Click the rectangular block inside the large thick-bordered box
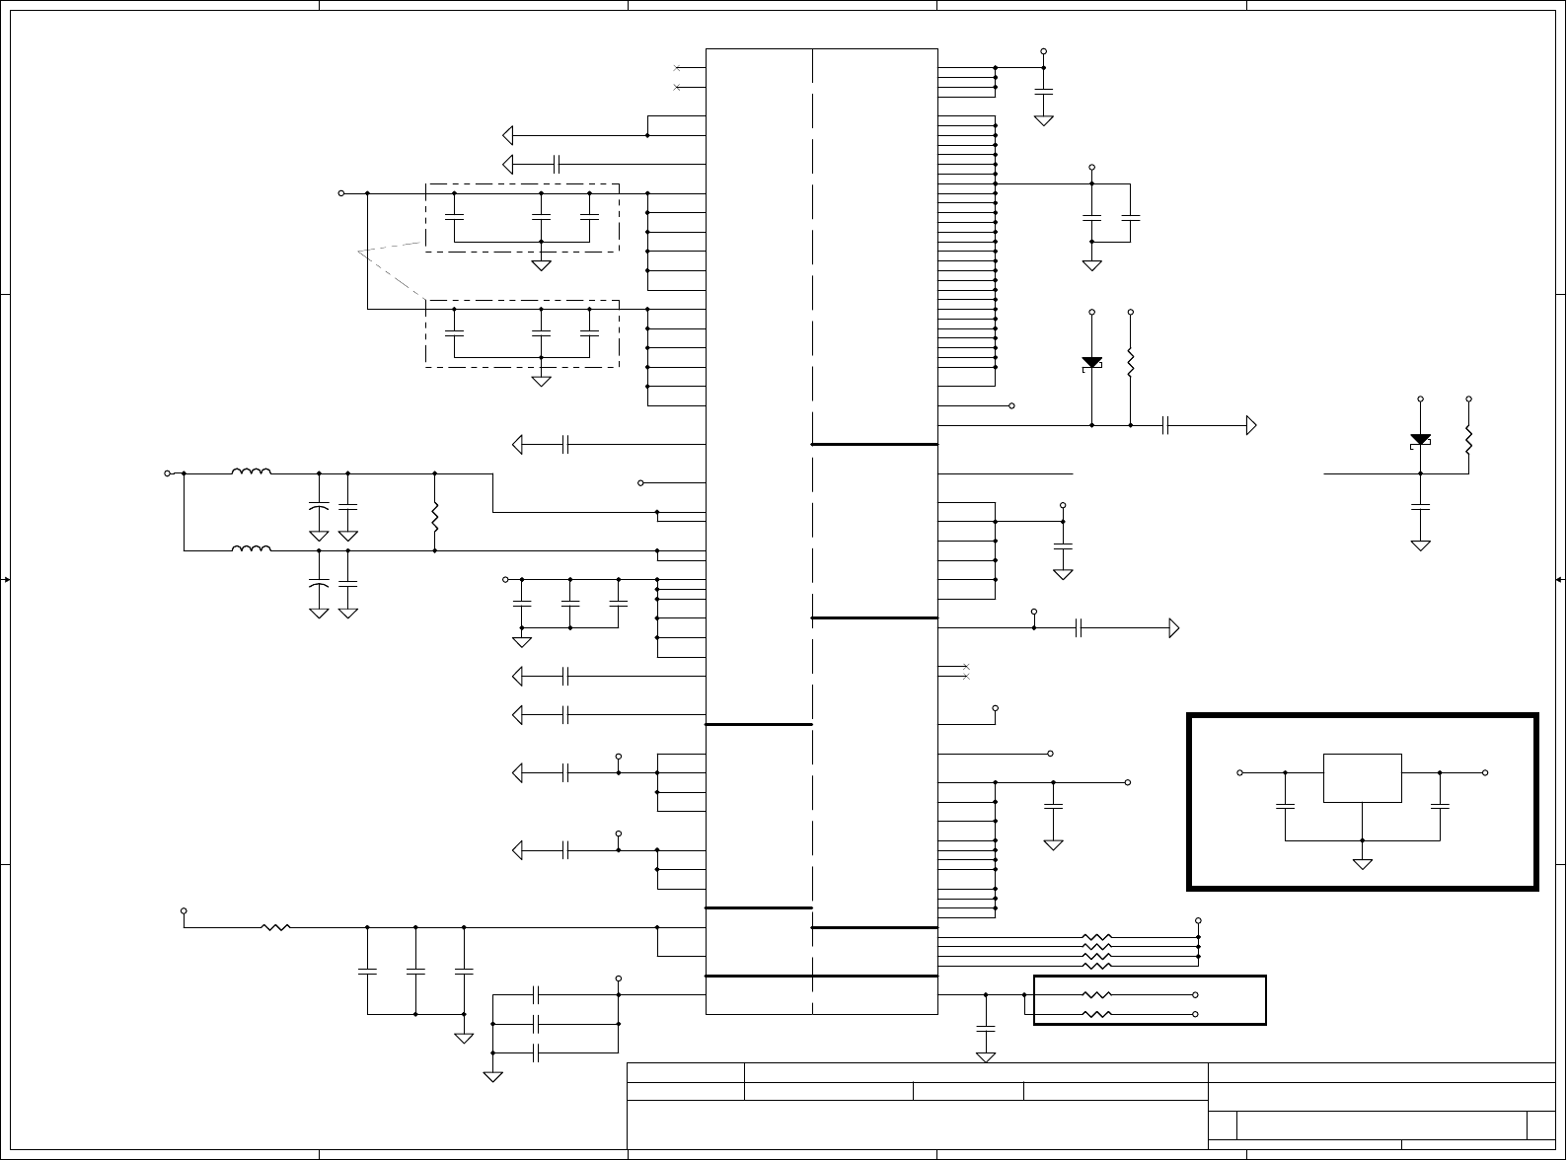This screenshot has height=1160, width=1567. tap(1362, 778)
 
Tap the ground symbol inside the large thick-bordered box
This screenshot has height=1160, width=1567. tap(1362, 864)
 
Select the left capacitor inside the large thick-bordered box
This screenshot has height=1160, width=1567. tap(1285, 806)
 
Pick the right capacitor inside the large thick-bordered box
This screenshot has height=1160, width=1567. tap(1440, 806)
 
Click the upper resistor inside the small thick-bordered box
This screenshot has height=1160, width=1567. tap(1097, 995)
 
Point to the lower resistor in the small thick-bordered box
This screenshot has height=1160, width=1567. tap(1097, 1014)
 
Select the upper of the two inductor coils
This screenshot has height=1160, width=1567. tap(252, 472)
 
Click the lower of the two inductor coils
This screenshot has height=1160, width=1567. tap(252, 549)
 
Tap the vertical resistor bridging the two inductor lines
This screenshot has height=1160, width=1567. tap(434, 513)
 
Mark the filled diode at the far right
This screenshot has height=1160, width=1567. tap(1420, 440)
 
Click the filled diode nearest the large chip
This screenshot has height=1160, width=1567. tap(1091, 363)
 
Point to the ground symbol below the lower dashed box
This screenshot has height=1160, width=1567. tap(541, 381)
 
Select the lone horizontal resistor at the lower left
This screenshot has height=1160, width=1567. tap(275, 927)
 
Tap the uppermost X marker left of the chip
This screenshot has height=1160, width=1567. tap(676, 68)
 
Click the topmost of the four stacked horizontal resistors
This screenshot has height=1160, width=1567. tap(1097, 937)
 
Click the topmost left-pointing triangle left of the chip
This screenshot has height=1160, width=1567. tap(508, 135)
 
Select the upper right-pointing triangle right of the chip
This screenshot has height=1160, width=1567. tap(1251, 425)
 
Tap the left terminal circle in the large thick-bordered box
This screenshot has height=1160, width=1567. tap(1239, 772)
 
